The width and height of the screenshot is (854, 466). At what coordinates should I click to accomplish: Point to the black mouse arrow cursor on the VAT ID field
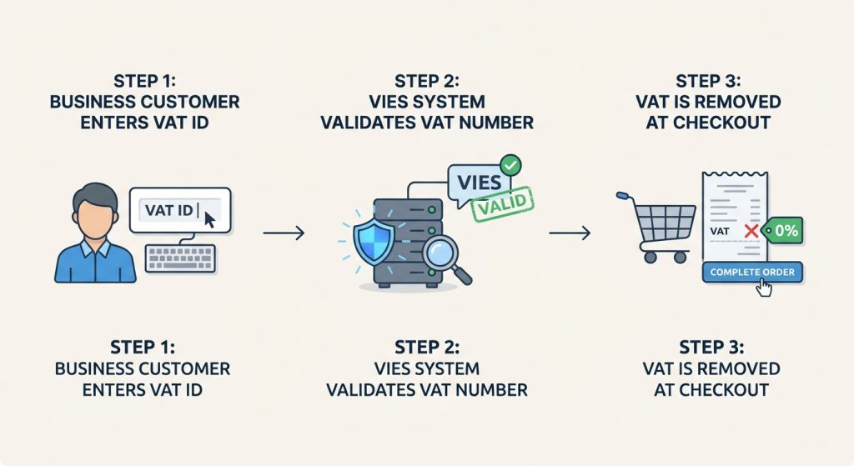208,219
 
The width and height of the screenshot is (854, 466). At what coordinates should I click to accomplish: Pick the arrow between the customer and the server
283,233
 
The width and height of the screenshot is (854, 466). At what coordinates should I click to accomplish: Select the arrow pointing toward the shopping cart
570,233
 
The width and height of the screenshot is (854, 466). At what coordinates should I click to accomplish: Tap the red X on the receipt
750,232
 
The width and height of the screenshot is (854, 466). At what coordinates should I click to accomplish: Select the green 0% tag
784,231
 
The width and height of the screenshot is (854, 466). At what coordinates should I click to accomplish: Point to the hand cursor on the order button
763,288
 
